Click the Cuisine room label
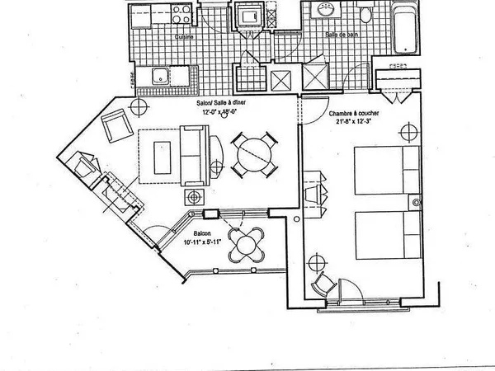coord(183,37)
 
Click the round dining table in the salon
coord(254,153)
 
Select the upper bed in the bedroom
coord(386,170)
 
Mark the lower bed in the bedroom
coord(386,236)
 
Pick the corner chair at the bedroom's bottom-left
coord(323,285)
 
